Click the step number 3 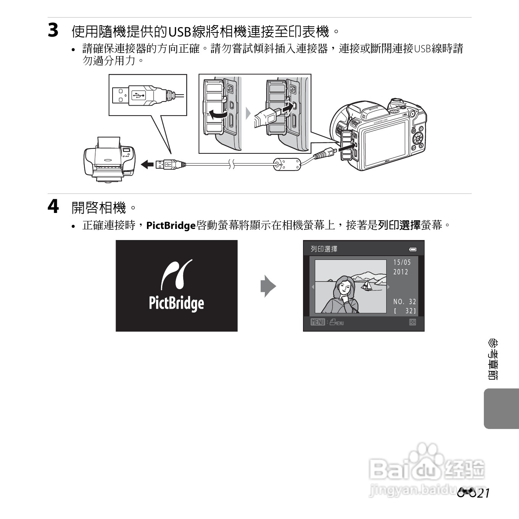tap(53, 31)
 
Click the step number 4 tap(53, 207)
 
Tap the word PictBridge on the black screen tap(176, 303)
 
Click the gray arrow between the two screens tap(268, 286)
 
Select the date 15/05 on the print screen tap(402, 262)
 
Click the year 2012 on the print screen tap(401, 272)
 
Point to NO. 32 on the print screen tap(405, 301)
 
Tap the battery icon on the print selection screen tap(413, 250)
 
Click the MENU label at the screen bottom tap(318, 322)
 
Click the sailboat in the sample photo tap(367, 285)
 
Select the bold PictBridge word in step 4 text tap(171, 226)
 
